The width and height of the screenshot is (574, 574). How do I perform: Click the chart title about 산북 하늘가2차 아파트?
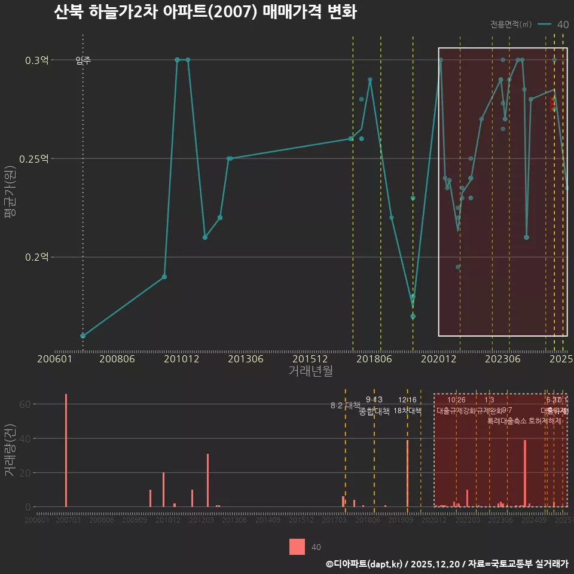click(x=204, y=12)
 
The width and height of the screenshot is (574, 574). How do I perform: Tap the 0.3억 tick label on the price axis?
click(x=38, y=60)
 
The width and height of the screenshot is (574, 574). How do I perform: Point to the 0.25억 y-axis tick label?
click(x=35, y=158)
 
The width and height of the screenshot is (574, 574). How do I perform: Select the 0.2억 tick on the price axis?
click(x=38, y=257)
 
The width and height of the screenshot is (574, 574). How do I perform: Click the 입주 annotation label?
click(x=83, y=60)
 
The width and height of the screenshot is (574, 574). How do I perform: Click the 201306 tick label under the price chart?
click(x=246, y=359)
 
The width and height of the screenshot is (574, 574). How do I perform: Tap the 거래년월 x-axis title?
click(x=310, y=371)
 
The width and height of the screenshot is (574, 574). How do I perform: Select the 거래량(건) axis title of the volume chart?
click(x=10, y=451)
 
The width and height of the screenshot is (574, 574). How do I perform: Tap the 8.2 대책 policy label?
click(x=345, y=405)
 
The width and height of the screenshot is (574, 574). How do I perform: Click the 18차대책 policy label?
click(x=408, y=411)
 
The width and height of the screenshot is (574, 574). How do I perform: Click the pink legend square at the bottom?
click(x=297, y=547)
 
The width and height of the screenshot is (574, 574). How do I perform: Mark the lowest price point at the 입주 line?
click(x=83, y=336)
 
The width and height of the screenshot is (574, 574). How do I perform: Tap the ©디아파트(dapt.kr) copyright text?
click(x=365, y=564)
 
